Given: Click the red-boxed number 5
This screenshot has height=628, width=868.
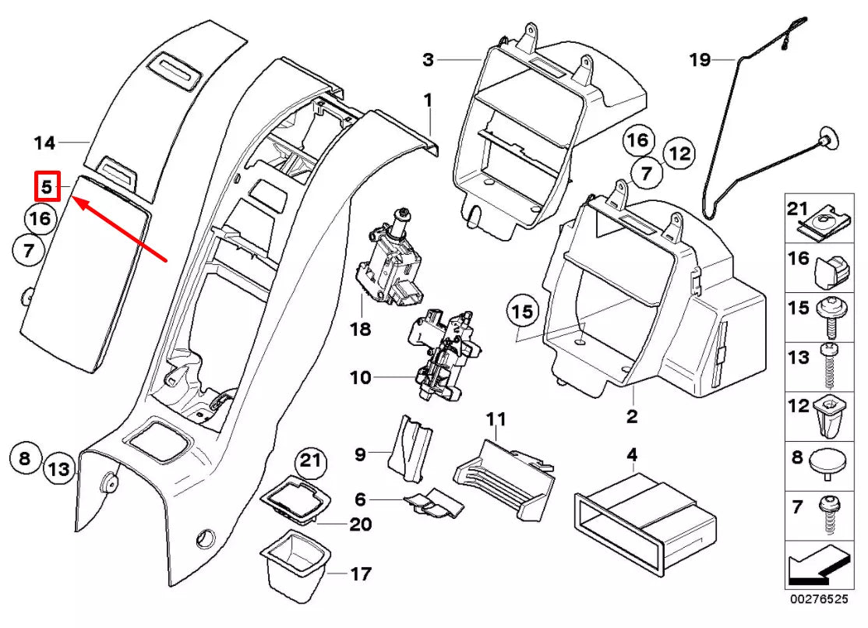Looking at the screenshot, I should (x=46, y=187).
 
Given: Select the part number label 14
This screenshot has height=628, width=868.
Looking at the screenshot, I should (x=45, y=143).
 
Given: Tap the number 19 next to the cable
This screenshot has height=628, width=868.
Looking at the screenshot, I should (x=700, y=59).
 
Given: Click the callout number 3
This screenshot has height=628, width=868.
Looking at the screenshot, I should (x=429, y=59).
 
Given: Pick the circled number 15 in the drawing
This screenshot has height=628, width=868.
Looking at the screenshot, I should (x=523, y=312).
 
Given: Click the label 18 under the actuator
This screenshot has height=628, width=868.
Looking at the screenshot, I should (x=360, y=330).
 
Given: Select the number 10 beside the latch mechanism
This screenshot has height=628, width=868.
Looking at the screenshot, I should (x=360, y=378).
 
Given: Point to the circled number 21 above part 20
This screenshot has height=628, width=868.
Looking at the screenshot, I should (x=311, y=461).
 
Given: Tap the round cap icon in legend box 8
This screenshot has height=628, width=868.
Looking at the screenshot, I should (x=828, y=460).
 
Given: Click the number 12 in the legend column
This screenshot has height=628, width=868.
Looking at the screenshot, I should (x=799, y=407).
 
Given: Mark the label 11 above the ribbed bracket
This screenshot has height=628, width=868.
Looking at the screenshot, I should (x=496, y=419).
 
